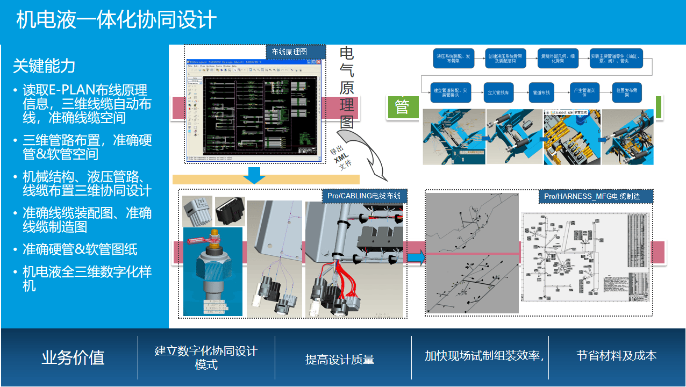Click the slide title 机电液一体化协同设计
(116, 20)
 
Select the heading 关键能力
(44, 66)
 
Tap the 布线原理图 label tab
(296, 52)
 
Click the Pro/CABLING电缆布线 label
(364, 196)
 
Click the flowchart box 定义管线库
(498, 93)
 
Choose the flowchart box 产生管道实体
(584, 93)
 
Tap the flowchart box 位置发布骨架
(626, 93)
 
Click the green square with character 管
(402, 107)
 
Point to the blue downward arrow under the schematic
(254, 175)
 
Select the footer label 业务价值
(73, 357)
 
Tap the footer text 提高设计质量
(340, 360)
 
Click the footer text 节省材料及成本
(616, 355)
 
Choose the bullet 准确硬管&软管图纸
(80, 249)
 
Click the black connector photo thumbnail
(230, 211)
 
